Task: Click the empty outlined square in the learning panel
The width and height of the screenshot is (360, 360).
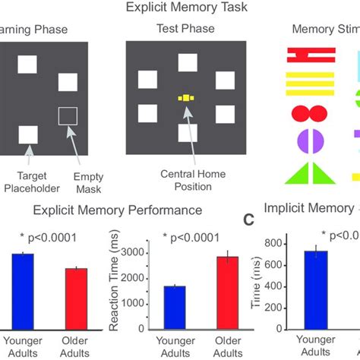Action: [68, 116]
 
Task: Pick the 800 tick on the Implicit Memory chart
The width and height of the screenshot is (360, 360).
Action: [271, 243]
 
